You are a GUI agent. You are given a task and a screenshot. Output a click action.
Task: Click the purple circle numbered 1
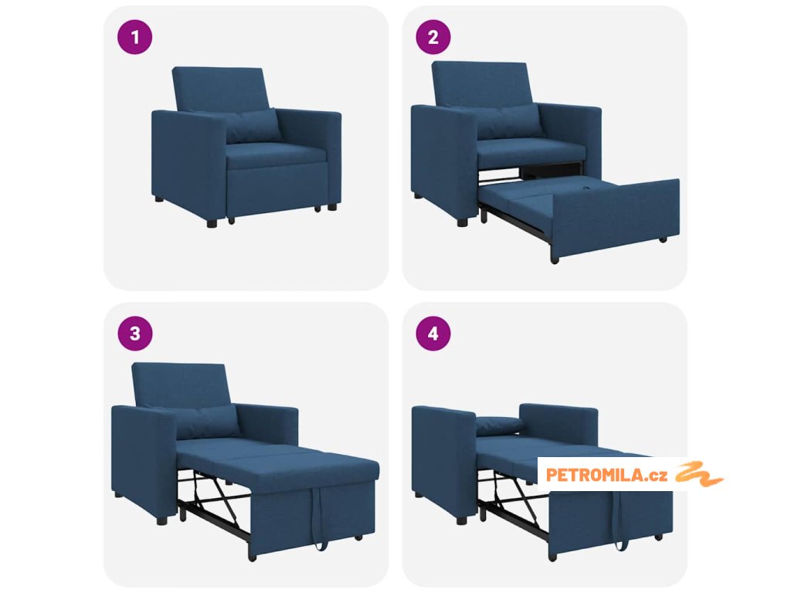[x=134, y=37]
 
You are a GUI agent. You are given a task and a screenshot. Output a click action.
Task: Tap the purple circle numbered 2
[x=433, y=37]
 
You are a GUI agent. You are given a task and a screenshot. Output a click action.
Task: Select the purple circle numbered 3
[x=134, y=334]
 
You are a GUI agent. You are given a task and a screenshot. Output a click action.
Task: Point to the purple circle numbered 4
[x=433, y=334]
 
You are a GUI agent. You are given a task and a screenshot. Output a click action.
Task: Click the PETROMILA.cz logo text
[x=606, y=475]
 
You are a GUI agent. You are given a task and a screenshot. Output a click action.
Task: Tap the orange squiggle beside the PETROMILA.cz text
[x=699, y=474]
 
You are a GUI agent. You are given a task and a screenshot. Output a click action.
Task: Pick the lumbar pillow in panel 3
[x=208, y=421]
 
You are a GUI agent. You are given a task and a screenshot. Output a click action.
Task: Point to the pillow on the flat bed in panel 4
[x=500, y=425]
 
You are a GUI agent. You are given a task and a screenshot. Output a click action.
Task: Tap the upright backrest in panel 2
[x=480, y=83]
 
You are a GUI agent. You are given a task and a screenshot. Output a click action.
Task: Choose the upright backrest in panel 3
[x=181, y=385]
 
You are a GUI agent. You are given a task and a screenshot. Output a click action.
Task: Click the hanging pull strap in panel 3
[x=320, y=520]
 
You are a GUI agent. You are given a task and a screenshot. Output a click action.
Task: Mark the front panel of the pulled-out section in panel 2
[x=616, y=217]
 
